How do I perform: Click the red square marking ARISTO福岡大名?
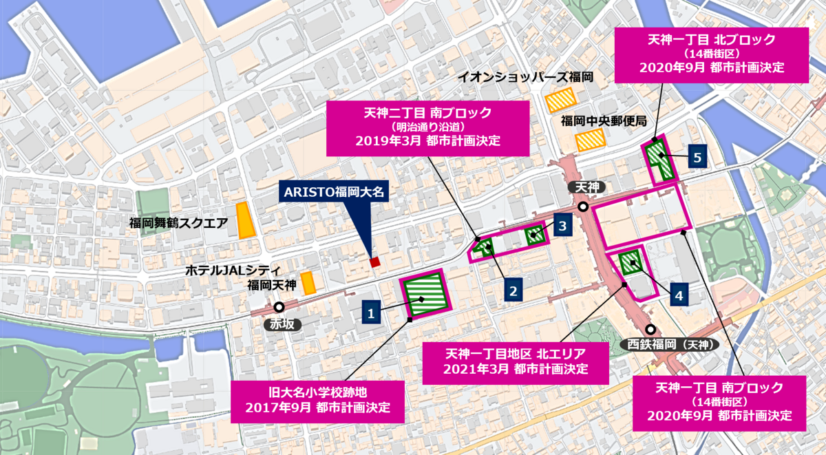[x=374, y=262]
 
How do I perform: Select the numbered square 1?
[x=370, y=313]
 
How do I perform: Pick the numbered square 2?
[x=513, y=290]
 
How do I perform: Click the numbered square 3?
[x=562, y=224]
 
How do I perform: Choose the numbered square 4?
[x=679, y=296]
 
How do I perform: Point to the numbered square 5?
[x=697, y=158]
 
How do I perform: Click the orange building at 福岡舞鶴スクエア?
[x=243, y=220]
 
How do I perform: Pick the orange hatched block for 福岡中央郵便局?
[x=591, y=140]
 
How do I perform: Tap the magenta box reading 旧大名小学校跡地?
[x=317, y=399]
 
